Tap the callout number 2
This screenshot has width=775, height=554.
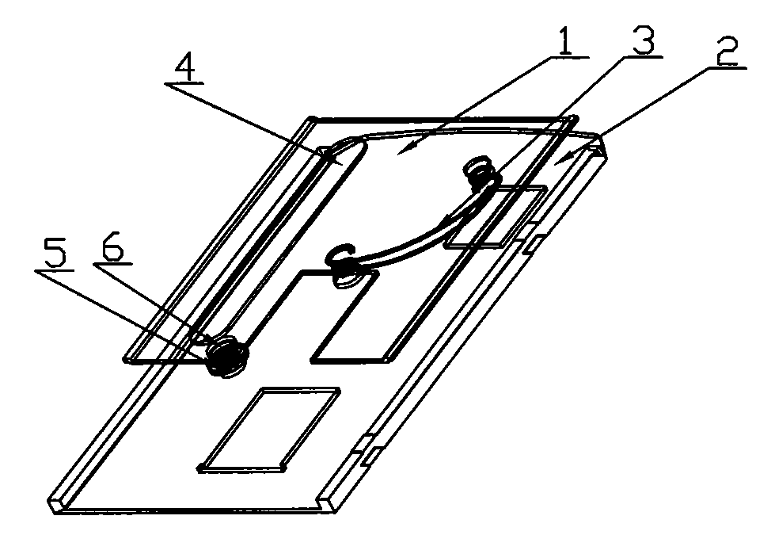[x=727, y=51]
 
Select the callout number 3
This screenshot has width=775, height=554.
[x=643, y=40]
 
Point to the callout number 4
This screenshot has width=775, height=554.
[x=184, y=68]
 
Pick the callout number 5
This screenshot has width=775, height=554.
[x=55, y=254]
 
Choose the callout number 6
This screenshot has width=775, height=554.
[x=113, y=249]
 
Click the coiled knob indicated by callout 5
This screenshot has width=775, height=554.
[x=226, y=355]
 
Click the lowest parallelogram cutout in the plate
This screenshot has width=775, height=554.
[x=269, y=428]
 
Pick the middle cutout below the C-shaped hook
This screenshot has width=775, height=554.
[x=346, y=315]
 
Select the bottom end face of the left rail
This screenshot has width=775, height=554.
[x=58, y=504]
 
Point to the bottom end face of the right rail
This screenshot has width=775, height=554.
[x=329, y=504]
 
